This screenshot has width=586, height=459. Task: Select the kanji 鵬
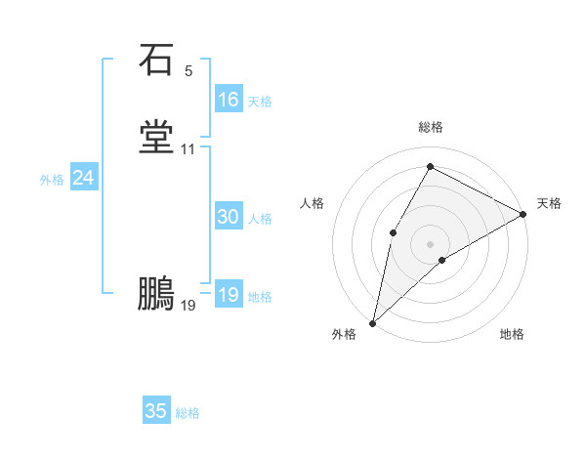(156, 293)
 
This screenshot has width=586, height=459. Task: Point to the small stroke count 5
(188, 71)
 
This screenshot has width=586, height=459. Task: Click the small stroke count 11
(188, 149)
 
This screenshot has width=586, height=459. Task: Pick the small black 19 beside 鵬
(188, 306)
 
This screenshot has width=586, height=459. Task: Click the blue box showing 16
(229, 100)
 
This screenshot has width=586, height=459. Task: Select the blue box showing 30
(229, 218)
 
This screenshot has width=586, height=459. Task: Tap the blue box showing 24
(84, 179)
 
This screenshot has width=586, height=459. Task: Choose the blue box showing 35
(156, 411)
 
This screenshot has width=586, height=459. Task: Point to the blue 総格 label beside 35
(188, 413)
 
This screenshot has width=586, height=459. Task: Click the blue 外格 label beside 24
(52, 180)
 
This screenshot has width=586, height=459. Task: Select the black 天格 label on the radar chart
(549, 203)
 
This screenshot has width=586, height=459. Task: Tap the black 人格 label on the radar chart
(313, 203)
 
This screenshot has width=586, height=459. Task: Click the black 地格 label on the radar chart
(512, 335)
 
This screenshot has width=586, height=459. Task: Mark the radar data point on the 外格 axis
(372, 322)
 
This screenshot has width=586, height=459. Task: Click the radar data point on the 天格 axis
(523, 214)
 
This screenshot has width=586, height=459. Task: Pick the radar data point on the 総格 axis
(430, 166)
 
